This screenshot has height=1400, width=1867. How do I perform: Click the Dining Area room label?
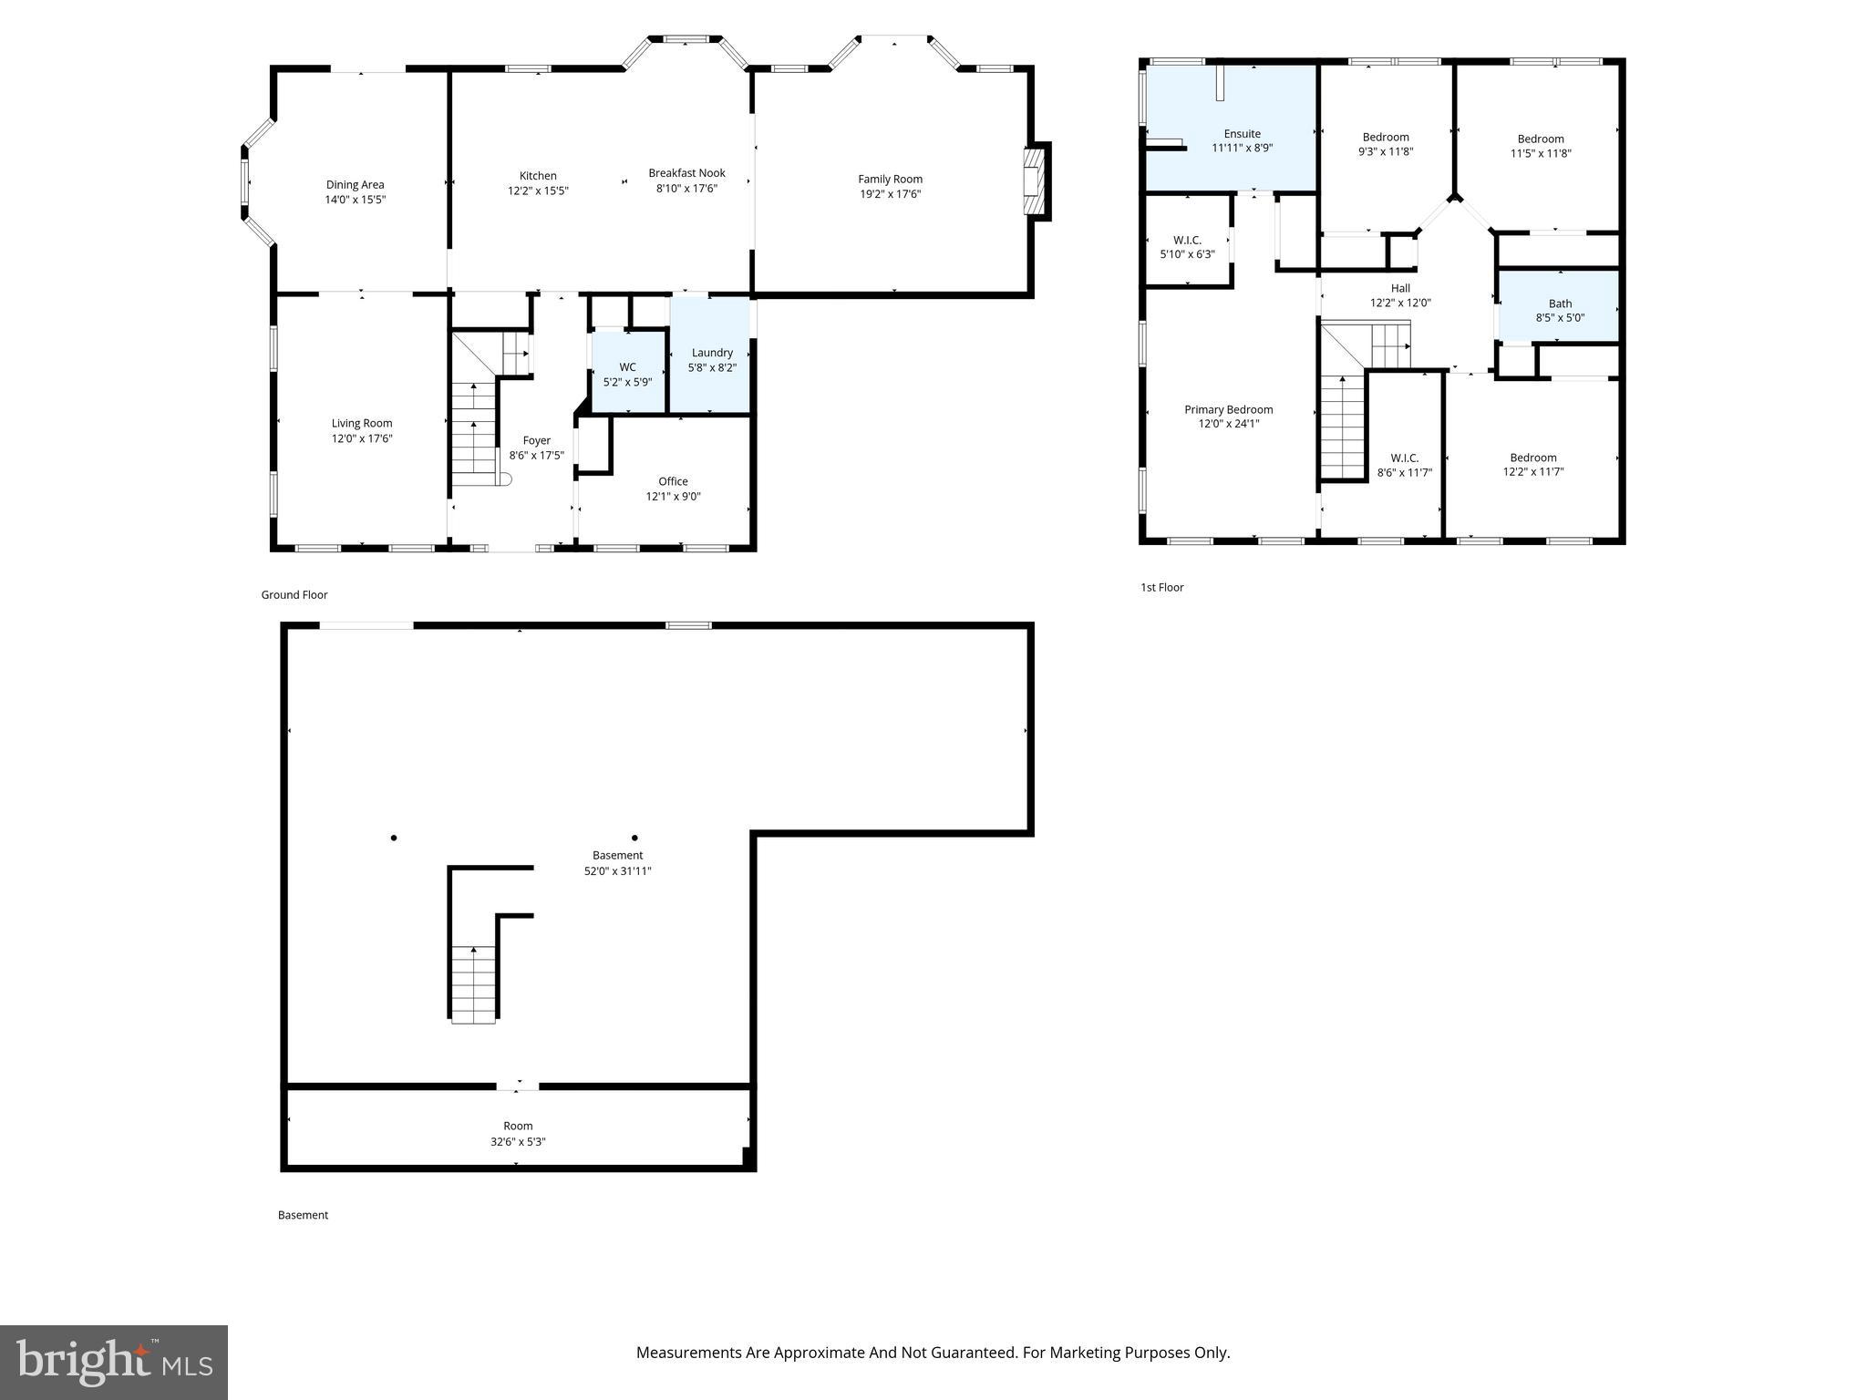(355, 185)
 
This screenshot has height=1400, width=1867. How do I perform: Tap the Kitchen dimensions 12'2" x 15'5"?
(538, 191)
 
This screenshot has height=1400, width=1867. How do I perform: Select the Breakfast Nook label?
(686, 173)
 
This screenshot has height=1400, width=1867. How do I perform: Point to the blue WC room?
(627, 374)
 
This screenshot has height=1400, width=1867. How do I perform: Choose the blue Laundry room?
(711, 359)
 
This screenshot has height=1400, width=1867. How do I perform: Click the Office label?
(673, 481)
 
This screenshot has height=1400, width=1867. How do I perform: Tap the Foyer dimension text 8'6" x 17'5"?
(536, 456)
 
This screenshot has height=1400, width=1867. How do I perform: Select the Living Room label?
(362, 423)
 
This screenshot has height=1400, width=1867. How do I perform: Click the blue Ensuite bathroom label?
(1242, 134)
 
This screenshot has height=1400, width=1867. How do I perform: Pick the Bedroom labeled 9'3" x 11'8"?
(1386, 144)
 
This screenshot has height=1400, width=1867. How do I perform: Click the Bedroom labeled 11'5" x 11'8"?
(1541, 146)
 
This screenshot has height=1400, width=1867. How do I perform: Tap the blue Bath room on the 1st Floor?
(1560, 310)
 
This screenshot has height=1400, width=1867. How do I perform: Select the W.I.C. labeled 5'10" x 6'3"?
(1187, 247)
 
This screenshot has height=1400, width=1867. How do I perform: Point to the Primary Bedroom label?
(1228, 409)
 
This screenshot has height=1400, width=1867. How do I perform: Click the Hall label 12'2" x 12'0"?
(1400, 295)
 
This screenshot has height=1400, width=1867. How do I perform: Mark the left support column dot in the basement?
(394, 838)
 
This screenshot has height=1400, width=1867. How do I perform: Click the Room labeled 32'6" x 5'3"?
(518, 1133)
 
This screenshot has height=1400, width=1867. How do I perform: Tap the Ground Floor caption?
(294, 595)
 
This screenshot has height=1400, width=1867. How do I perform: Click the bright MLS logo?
(114, 1362)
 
